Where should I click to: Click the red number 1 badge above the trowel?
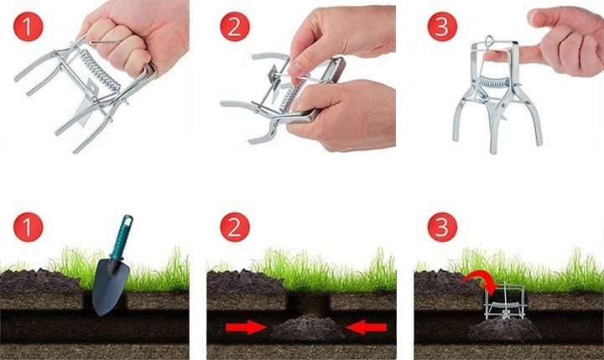[28, 227]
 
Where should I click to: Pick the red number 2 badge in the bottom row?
[235, 227]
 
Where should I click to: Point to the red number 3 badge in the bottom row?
[442, 227]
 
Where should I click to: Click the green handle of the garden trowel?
[122, 237]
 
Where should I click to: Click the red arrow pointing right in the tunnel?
[246, 327]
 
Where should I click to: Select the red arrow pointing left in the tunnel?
[366, 327]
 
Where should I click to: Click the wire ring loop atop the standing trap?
[489, 40]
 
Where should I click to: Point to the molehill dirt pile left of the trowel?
[39, 281]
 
